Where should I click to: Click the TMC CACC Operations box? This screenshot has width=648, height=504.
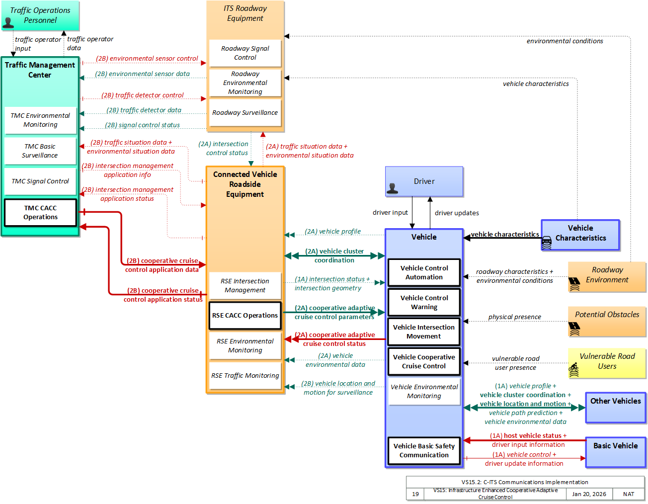[x=40, y=212]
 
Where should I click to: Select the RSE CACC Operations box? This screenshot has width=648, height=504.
[x=245, y=315]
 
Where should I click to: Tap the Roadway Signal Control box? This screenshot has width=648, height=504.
[x=245, y=53]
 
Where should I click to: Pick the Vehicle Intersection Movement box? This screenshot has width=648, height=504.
[x=423, y=332]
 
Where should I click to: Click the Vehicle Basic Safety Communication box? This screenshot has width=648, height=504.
[x=424, y=450]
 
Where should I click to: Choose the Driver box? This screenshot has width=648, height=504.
[x=424, y=181]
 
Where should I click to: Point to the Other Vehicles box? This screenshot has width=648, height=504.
[x=615, y=408]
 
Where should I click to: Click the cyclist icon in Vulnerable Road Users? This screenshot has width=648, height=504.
[x=573, y=370]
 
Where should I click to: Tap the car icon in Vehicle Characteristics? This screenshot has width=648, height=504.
[x=546, y=243]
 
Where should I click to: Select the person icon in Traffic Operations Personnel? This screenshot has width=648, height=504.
[x=8, y=23]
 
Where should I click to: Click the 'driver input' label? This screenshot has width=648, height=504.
[x=390, y=212]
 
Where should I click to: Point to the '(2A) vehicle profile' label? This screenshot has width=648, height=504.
[x=332, y=231]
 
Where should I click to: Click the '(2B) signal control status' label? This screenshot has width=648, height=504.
[x=142, y=125]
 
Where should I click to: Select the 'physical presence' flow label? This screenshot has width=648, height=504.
[x=514, y=317]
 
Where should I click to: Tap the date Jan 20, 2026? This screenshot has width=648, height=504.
[x=589, y=494]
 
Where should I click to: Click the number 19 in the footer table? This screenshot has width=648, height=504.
[x=415, y=494]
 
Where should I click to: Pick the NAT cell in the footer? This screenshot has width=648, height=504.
[x=628, y=494]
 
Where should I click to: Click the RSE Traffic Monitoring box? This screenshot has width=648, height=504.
[x=245, y=375]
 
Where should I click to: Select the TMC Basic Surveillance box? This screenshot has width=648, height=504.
[x=40, y=151]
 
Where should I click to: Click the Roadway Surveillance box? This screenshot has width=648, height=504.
[x=245, y=112]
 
